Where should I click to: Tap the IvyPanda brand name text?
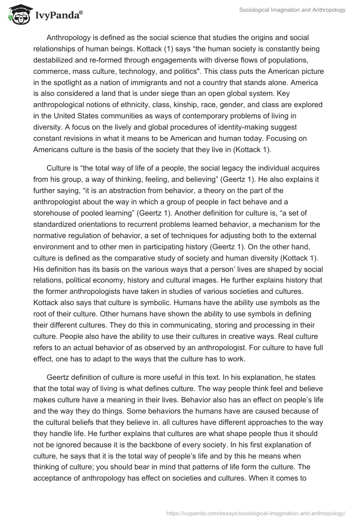tap(58, 17)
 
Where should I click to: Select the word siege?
tap(165, 95)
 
